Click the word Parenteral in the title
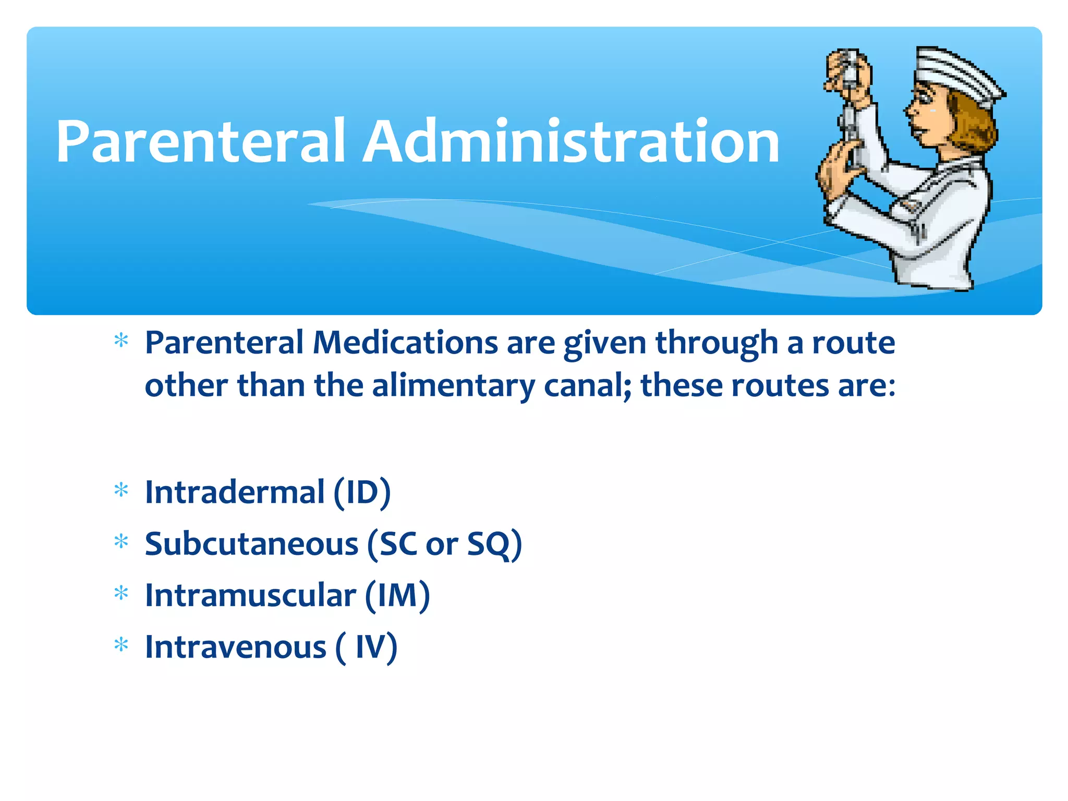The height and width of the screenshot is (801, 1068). pyautogui.click(x=201, y=142)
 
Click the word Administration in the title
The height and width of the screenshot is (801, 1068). pyautogui.click(x=571, y=142)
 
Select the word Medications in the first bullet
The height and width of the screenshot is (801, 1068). pyautogui.click(x=405, y=343)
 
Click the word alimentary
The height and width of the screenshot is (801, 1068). pyautogui.click(x=453, y=386)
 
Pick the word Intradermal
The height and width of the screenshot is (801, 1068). pyautogui.click(x=235, y=492)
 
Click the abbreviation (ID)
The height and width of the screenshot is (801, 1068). pyautogui.click(x=362, y=492)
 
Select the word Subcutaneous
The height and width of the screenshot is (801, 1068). pyautogui.click(x=251, y=544)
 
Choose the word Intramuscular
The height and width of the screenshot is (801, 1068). pyautogui.click(x=250, y=596)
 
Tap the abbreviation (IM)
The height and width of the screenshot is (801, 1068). pyautogui.click(x=397, y=596)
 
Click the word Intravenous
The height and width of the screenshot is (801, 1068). pyautogui.click(x=235, y=647)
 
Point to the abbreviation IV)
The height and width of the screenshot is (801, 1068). pyautogui.click(x=376, y=647)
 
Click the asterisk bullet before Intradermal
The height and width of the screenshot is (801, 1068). pyautogui.click(x=121, y=490)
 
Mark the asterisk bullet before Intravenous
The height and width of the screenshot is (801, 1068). pyautogui.click(x=121, y=645)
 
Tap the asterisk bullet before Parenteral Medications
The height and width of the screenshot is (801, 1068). pyautogui.click(x=121, y=341)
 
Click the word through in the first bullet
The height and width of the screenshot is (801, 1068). pyautogui.click(x=717, y=343)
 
